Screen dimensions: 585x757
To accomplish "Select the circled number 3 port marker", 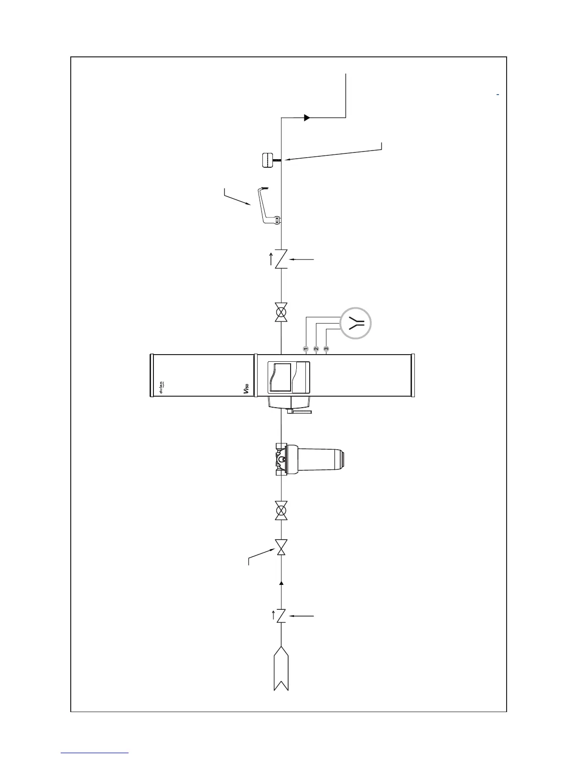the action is (326, 348).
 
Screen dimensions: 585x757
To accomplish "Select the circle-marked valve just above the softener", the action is (282, 313).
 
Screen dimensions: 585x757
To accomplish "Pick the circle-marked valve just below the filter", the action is (282, 511).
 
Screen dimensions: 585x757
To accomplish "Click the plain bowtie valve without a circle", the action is (282, 547).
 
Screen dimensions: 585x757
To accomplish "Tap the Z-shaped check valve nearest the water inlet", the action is (282, 616).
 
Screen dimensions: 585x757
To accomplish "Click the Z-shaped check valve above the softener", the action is (282, 259).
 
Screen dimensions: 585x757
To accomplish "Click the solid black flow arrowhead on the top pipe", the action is (307, 117).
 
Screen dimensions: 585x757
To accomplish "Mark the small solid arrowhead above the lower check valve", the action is (282, 583).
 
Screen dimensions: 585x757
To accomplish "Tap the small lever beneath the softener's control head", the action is (299, 411).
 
